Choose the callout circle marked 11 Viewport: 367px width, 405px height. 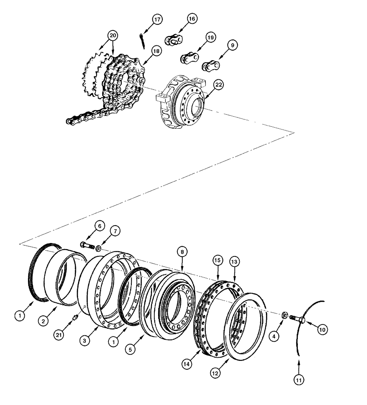[x=298, y=380]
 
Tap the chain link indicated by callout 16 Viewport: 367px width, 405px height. [x=173, y=40]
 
